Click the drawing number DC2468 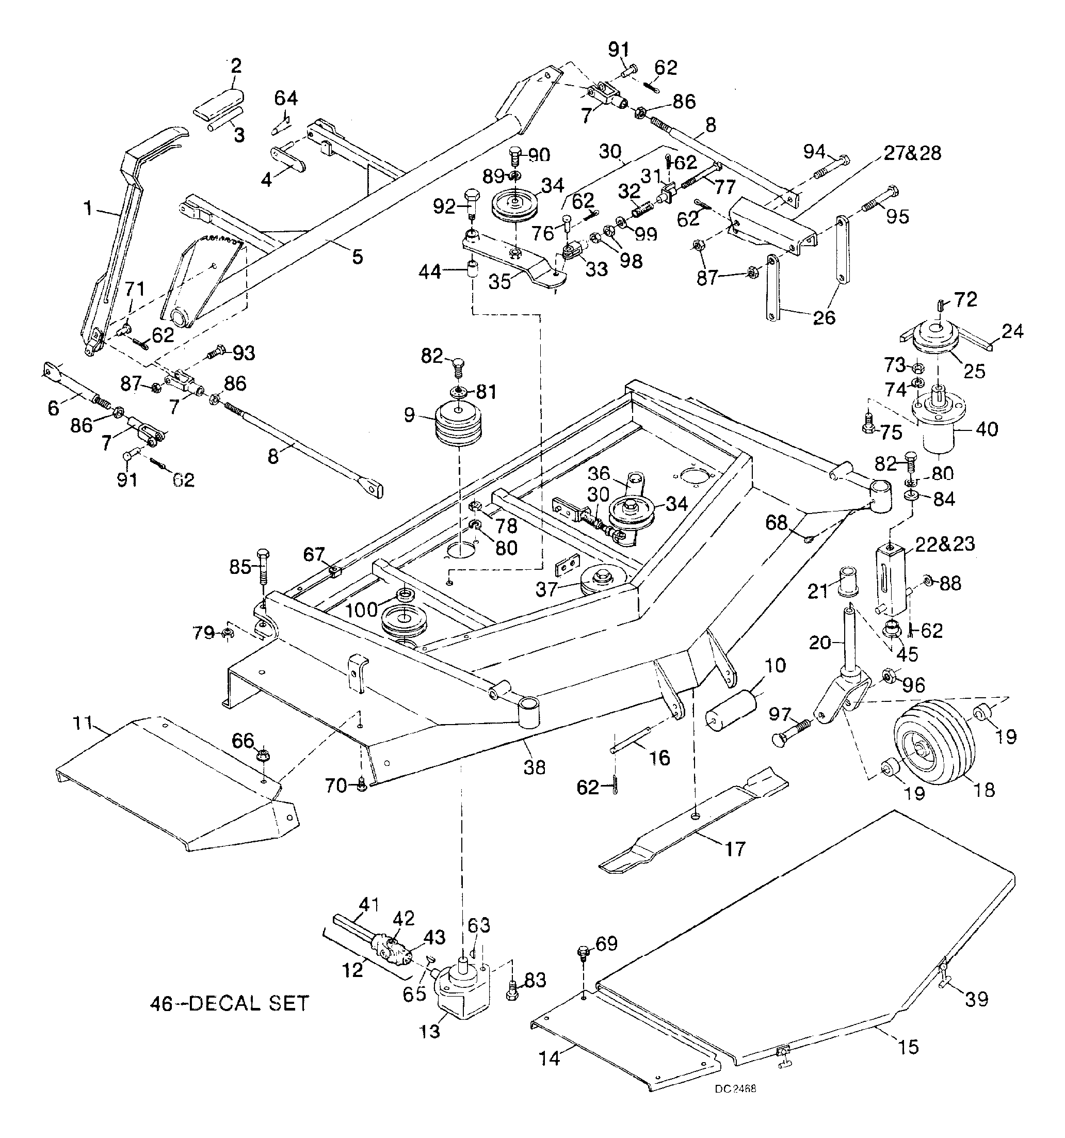(735, 1088)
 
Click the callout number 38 (535, 766)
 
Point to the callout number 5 (357, 257)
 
